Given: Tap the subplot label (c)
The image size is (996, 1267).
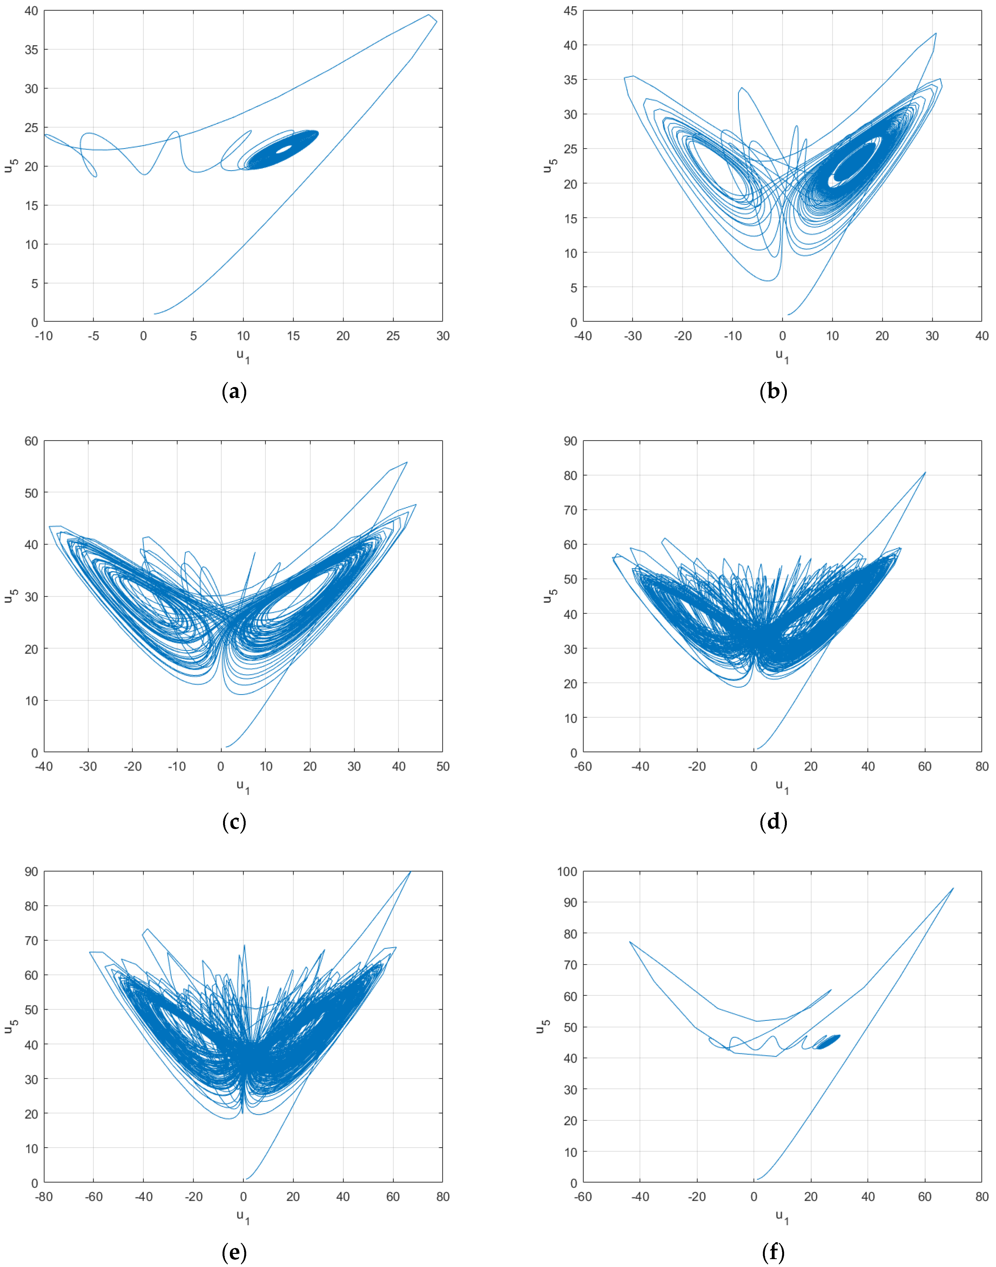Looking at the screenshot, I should tap(234, 822).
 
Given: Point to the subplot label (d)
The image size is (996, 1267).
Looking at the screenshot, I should tap(773, 822).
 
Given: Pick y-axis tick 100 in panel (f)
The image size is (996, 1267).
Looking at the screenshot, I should tap(567, 872).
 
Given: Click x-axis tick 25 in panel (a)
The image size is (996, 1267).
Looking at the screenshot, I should tap(393, 336).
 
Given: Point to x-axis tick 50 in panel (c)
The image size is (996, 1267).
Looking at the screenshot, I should tap(443, 766).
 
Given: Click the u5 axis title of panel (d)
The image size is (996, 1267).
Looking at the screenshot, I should tap(549, 596).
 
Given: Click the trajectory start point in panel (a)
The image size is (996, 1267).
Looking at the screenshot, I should tap(154, 314).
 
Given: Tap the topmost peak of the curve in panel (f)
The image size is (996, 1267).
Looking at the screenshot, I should tap(953, 888).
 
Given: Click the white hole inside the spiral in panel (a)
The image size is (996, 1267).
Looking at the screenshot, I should tap(284, 149).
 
